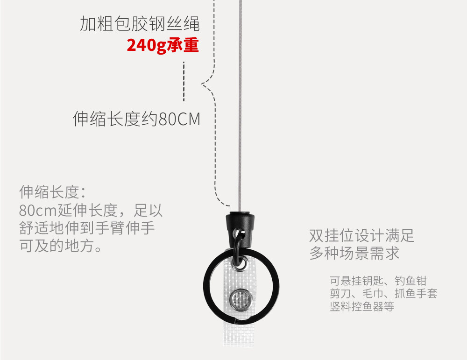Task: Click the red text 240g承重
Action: point(163,45)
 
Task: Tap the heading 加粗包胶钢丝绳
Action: point(140,23)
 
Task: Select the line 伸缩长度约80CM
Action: point(136,120)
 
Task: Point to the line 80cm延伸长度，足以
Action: point(91,210)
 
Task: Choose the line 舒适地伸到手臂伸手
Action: point(87,228)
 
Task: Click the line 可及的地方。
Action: point(61,246)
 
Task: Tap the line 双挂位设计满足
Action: point(362,235)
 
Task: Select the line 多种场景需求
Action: point(354,253)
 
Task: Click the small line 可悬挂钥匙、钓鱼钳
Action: point(378,281)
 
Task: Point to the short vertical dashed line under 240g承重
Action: point(184,81)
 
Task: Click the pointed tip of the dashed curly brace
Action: point(203,85)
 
